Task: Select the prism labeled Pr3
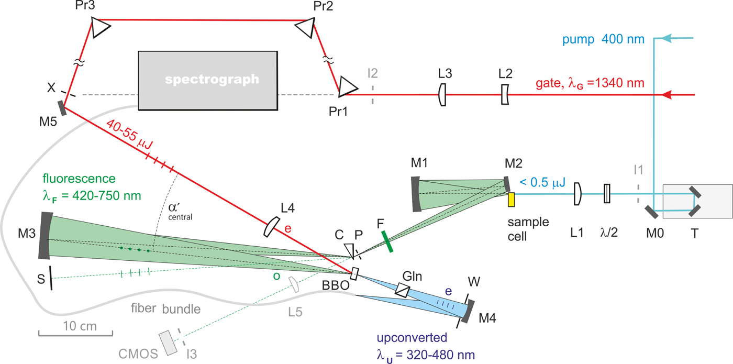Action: [x=97, y=27]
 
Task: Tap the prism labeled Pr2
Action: [x=306, y=28]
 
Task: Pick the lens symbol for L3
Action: [x=443, y=95]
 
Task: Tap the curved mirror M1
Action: [x=416, y=194]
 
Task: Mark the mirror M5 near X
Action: [x=62, y=108]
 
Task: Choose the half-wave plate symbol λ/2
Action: [x=607, y=193]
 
